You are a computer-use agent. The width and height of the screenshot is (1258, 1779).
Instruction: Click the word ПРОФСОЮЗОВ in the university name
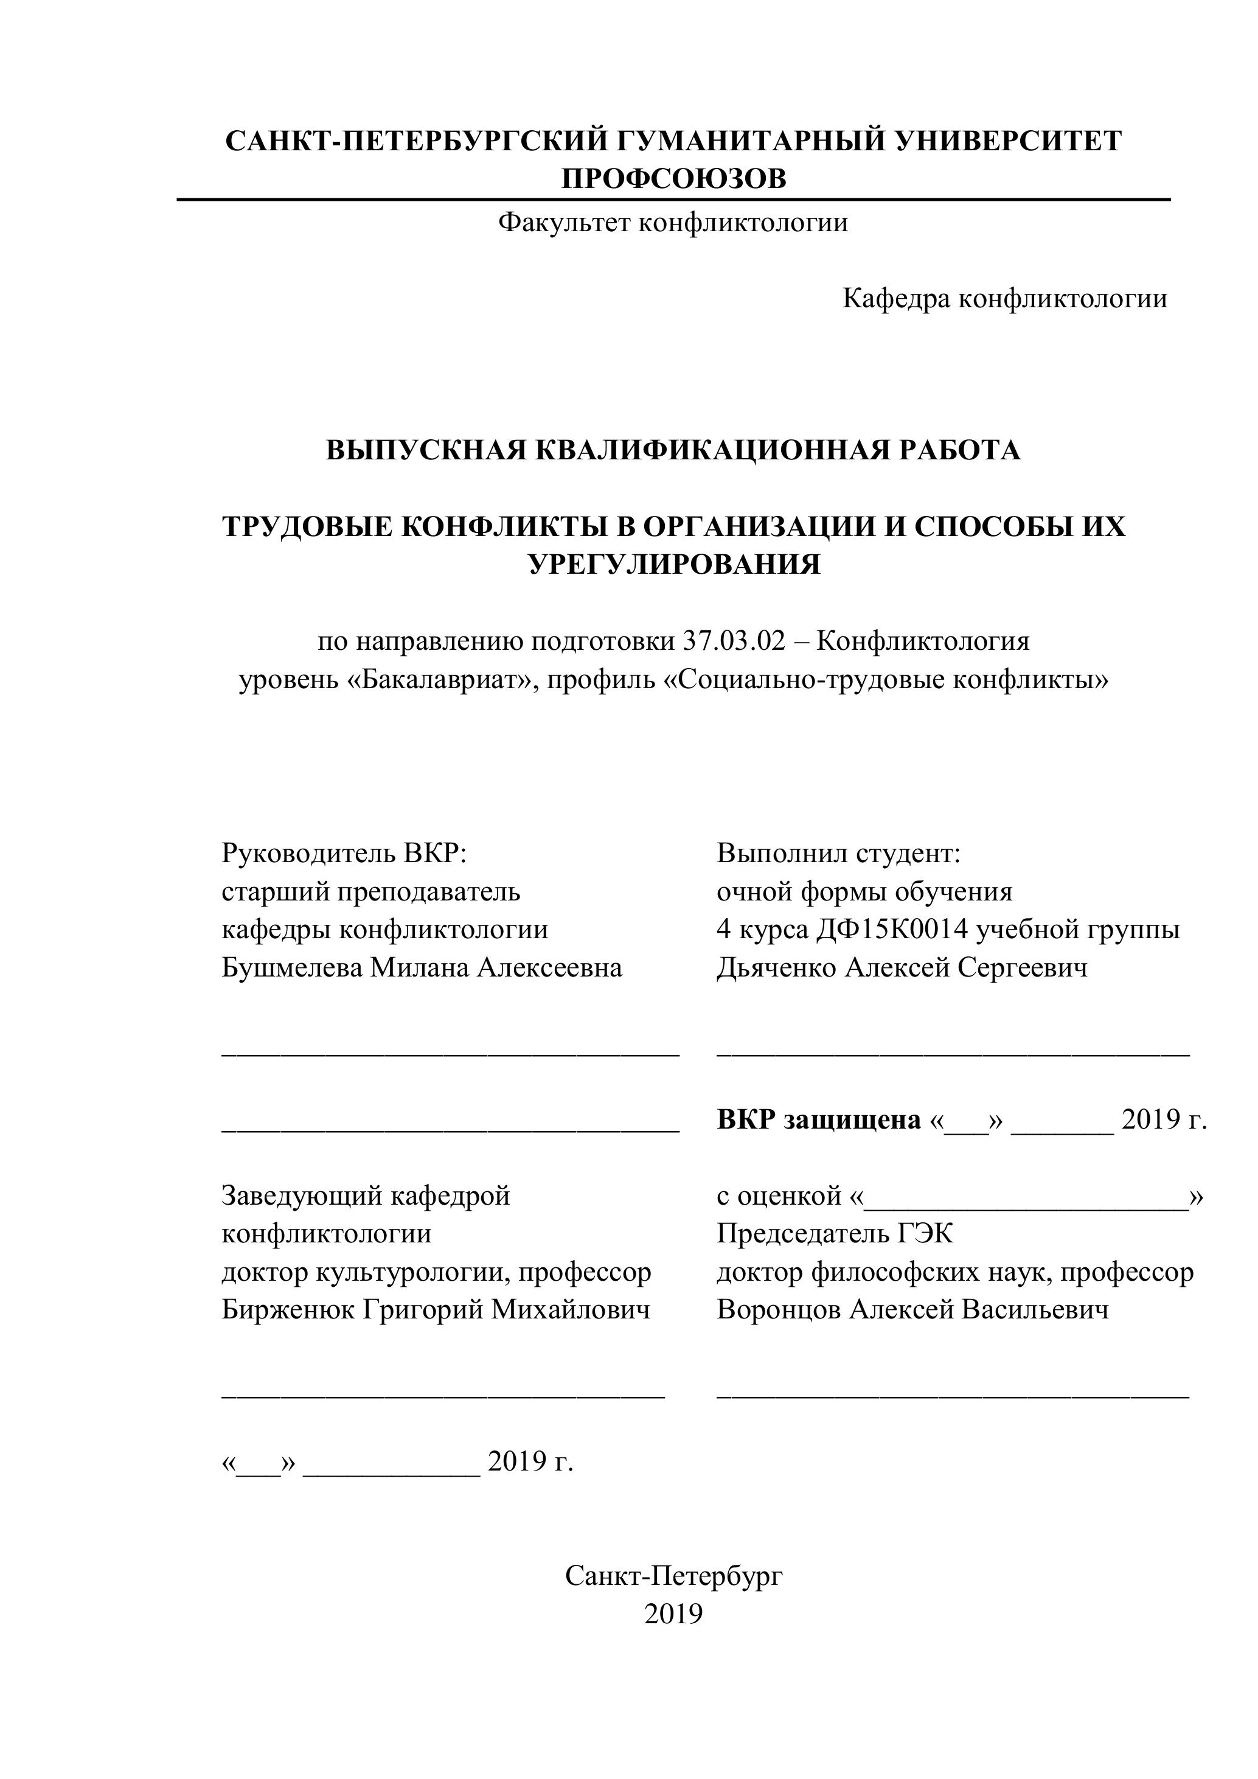(x=673, y=179)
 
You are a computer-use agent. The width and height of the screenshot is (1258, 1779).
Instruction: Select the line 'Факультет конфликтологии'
(x=672, y=223)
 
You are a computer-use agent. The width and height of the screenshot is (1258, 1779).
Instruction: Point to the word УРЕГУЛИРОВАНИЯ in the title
(x=674, y=564)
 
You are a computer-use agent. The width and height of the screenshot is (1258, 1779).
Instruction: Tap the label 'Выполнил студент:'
(x=838, y=853)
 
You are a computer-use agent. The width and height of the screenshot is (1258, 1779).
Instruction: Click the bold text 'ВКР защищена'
(x=818, y=1119)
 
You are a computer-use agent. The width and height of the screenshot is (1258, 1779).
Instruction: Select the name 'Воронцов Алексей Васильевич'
(x=912, y=1309)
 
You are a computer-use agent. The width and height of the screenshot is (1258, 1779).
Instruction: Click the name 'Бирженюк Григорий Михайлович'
(x=436, y=1309)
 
